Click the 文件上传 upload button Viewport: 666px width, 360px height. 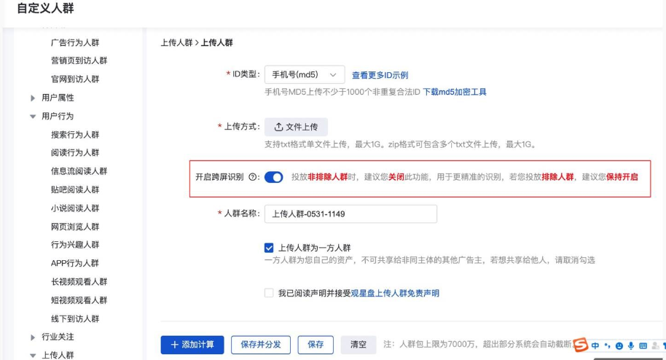296,127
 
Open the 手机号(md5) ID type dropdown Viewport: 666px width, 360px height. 304,74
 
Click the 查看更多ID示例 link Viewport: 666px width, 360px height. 380,75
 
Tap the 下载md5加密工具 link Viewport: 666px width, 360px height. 455,92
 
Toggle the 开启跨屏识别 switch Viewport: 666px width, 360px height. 273,177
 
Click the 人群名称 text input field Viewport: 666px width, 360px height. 350,214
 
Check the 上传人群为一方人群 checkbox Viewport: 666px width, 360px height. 269,248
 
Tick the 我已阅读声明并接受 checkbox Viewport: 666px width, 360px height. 269,293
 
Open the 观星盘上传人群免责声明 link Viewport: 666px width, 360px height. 395,293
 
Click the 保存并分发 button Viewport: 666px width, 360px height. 261,344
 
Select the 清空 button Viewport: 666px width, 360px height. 358,344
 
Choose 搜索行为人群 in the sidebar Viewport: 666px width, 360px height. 75,135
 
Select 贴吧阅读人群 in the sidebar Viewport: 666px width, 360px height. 75,189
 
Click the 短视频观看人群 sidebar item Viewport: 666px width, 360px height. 79,300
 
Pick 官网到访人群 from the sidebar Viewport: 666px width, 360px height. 75,79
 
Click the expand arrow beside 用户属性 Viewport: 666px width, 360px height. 33,98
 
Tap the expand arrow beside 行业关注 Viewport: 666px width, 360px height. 33,337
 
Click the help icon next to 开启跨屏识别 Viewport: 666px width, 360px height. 253,177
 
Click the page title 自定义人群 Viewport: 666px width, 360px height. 45,9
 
